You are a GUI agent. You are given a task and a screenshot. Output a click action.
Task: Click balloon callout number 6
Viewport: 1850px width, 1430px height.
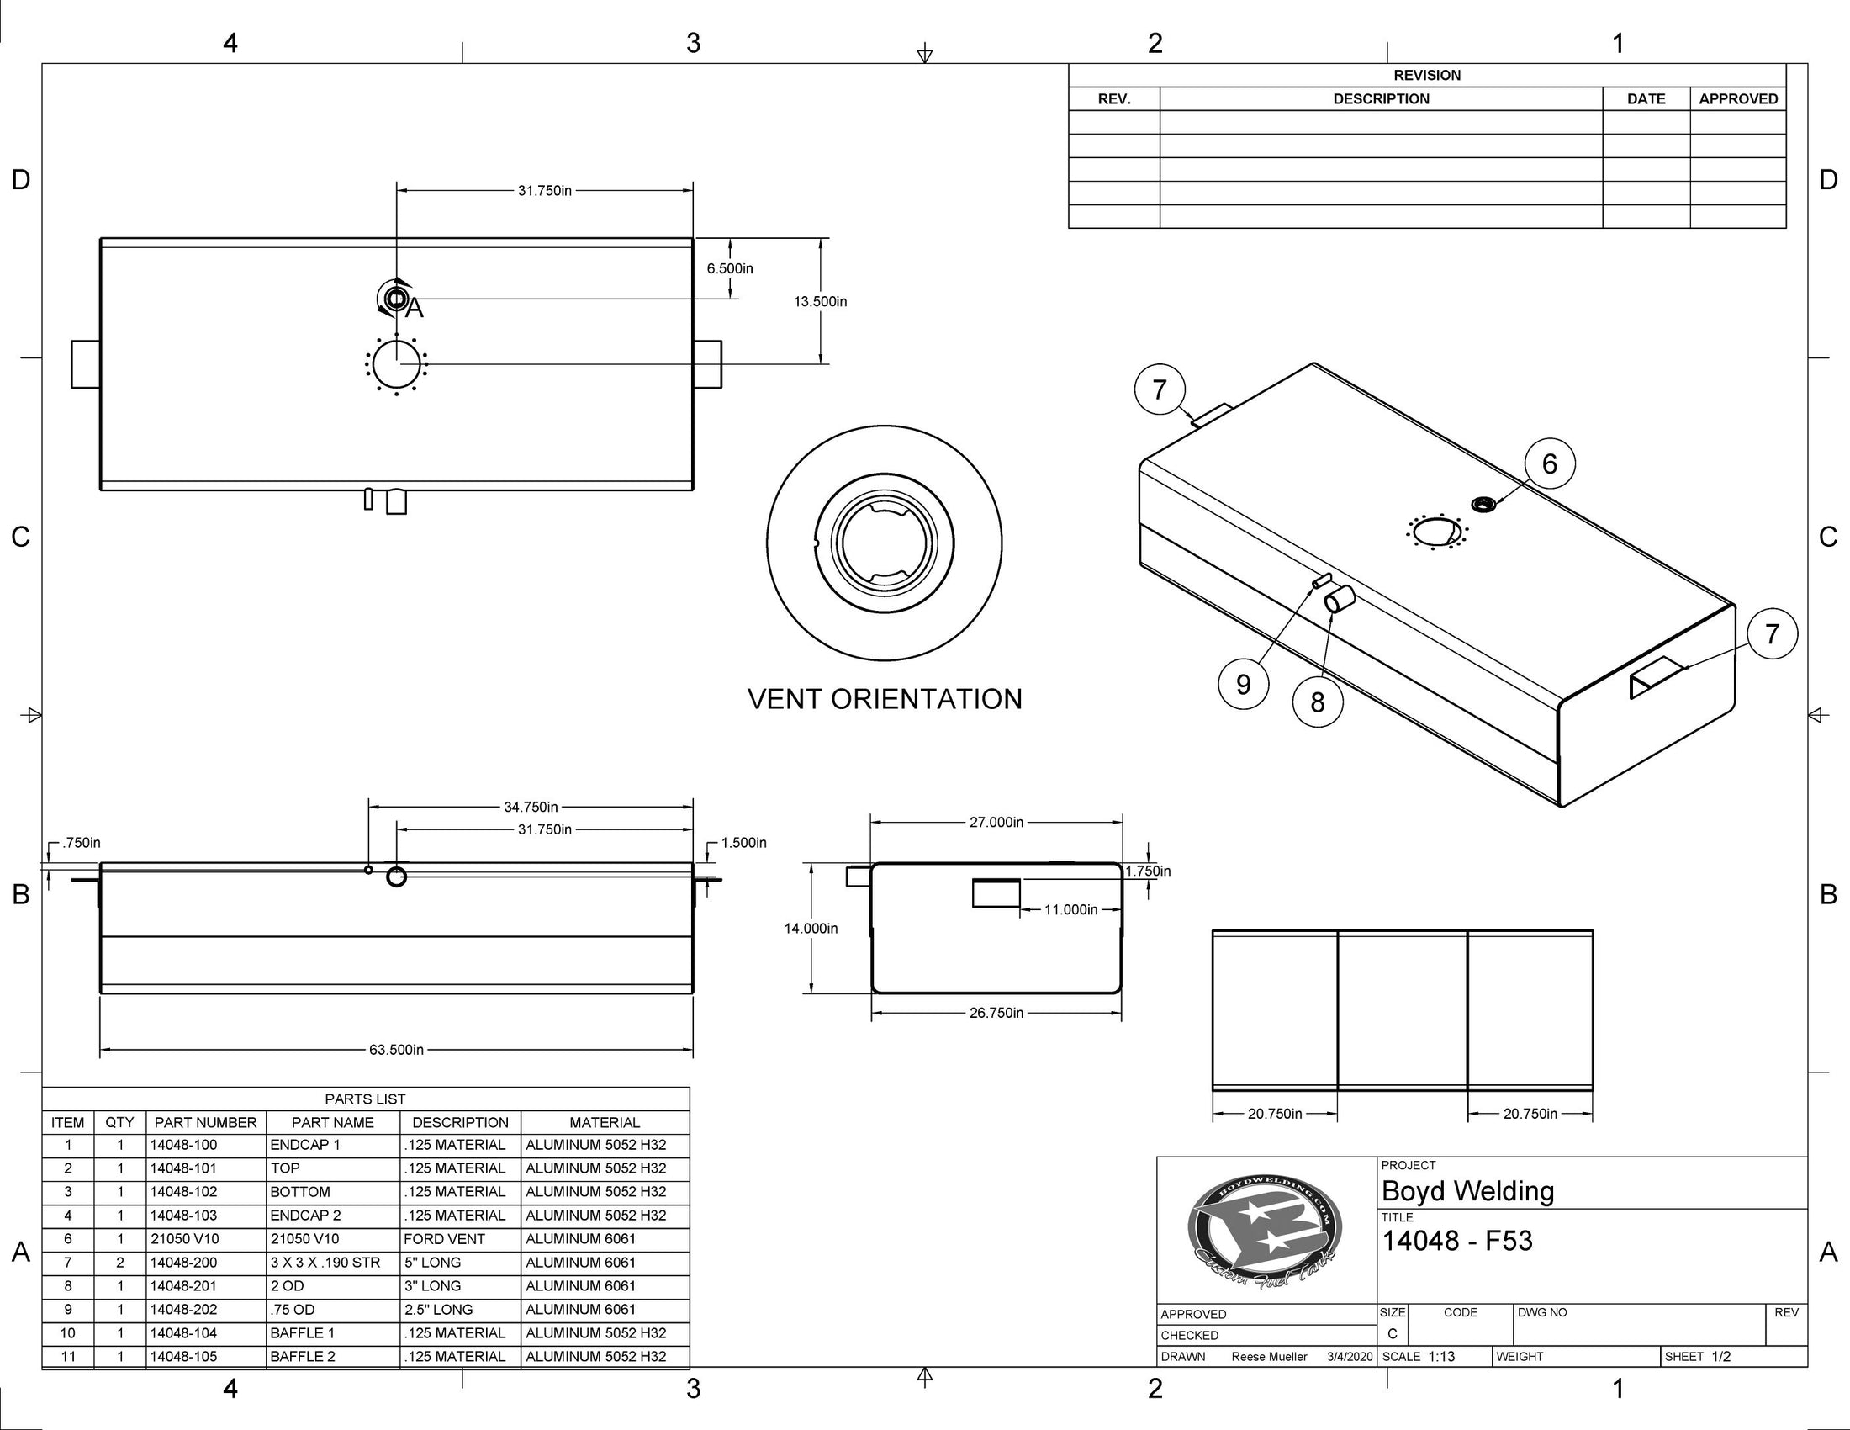pos(1549,463)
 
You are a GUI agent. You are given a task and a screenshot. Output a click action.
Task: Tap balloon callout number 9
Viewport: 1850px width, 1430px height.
pos(1243,684)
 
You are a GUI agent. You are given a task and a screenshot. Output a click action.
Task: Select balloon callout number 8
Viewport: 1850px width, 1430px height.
pos(1317,702)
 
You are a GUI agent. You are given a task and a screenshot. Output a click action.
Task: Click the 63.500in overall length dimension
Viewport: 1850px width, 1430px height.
pos(395,1050)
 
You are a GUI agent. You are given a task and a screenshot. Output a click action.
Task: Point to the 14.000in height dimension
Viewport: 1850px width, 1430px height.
pos(811,929)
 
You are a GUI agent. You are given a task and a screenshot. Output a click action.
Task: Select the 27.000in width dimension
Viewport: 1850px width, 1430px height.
pos(996,822)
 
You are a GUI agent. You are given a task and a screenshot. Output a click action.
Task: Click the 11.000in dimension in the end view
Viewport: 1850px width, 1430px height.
pos(1070,910)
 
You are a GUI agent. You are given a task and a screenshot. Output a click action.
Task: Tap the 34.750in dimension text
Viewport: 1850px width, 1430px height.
pos(531,808)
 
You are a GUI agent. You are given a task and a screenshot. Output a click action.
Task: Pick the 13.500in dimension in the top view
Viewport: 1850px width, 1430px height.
pos(820,302)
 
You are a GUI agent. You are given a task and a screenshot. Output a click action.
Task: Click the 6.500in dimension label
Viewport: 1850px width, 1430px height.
pos(729,268)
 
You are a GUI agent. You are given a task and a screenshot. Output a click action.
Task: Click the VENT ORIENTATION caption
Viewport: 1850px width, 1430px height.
pos(885,699)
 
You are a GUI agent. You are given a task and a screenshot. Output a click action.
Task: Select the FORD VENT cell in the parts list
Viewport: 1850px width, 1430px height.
pos(444,1238)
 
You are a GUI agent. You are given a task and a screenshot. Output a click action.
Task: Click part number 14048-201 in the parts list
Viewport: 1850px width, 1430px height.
pos(184,1285)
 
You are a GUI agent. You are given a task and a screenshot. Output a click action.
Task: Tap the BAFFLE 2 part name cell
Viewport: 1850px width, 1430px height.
pos(303,1356)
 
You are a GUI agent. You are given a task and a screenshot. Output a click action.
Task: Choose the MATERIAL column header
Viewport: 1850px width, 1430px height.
pos(604,1122)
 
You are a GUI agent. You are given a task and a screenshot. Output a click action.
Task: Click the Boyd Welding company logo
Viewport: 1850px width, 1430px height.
pos(1265,1231)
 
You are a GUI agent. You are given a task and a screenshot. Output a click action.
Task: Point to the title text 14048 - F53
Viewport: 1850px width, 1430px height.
pos(1457,1241)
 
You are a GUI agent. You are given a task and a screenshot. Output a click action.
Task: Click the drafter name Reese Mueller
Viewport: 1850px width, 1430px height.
pos(1269,1356)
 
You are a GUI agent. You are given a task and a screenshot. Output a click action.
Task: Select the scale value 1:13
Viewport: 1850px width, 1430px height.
pos(1440,1356)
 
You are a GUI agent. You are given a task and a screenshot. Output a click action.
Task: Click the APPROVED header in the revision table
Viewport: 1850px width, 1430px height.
pos(1737,99)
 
